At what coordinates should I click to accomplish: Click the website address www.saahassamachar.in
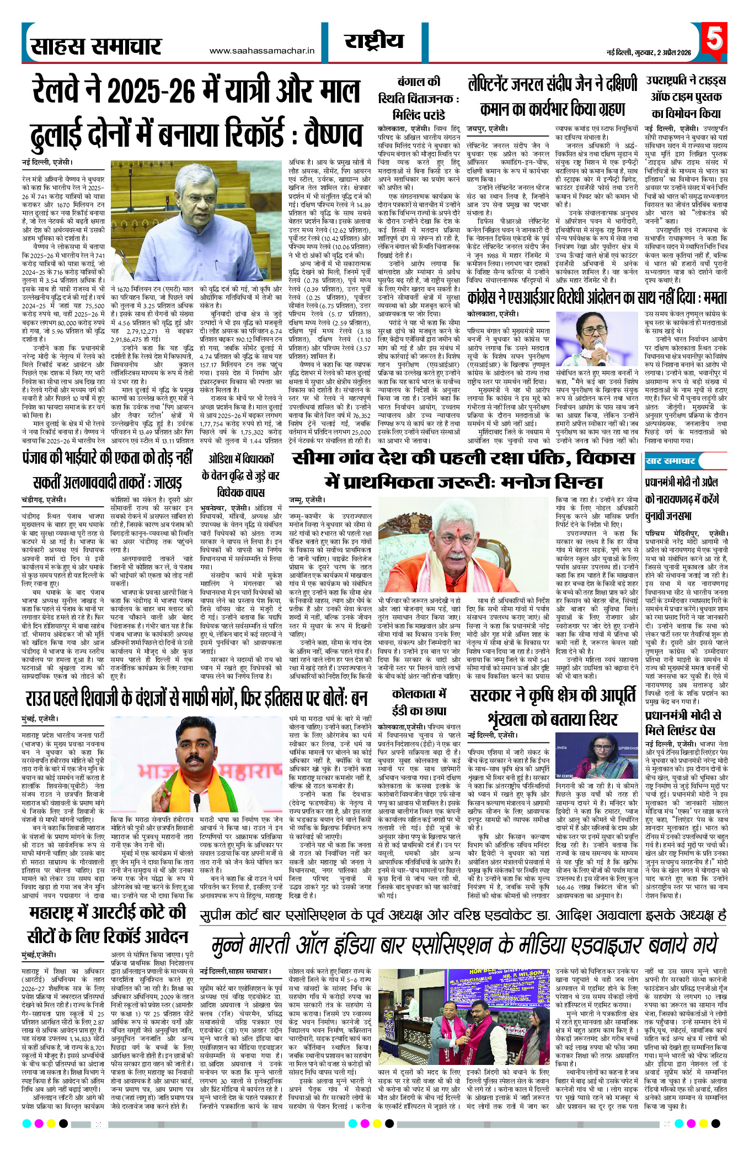[x=261, y=51]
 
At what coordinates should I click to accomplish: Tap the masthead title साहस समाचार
[x=96, y=47]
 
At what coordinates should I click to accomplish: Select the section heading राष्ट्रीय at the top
[x=374, y=41]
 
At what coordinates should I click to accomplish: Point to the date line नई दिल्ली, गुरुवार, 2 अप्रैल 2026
[x=649, y=52]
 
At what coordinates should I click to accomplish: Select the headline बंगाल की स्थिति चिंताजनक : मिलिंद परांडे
[x=419, y=99]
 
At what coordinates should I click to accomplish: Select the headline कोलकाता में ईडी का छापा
[x=419, y=702]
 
